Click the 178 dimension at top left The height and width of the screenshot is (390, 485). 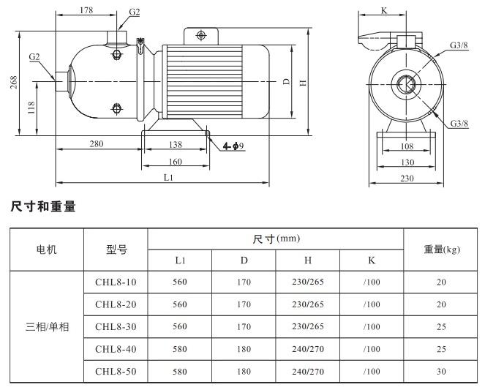click(x=86, y=11)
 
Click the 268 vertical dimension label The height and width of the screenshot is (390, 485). click(x=13, y=83)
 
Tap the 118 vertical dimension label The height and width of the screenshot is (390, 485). click(x=31, y=108)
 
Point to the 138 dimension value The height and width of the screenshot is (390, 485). click(x=175, y=144)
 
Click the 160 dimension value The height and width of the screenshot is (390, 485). click(x=175, y=162)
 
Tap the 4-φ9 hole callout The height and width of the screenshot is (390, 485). click(x=233, y=146)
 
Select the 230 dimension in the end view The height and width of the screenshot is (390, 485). click(x=407, y=178)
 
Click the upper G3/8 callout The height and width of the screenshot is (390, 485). click(x=459, y=45)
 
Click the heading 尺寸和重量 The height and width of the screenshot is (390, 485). click(x=43, y=207)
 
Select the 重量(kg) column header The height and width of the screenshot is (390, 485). click(x=441, y=250)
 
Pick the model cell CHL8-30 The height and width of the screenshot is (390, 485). click(x=116, y=327)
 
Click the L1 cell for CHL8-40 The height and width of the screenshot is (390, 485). click(x=180, y=349)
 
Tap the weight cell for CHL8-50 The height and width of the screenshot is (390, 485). click(x=440, y=372)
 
